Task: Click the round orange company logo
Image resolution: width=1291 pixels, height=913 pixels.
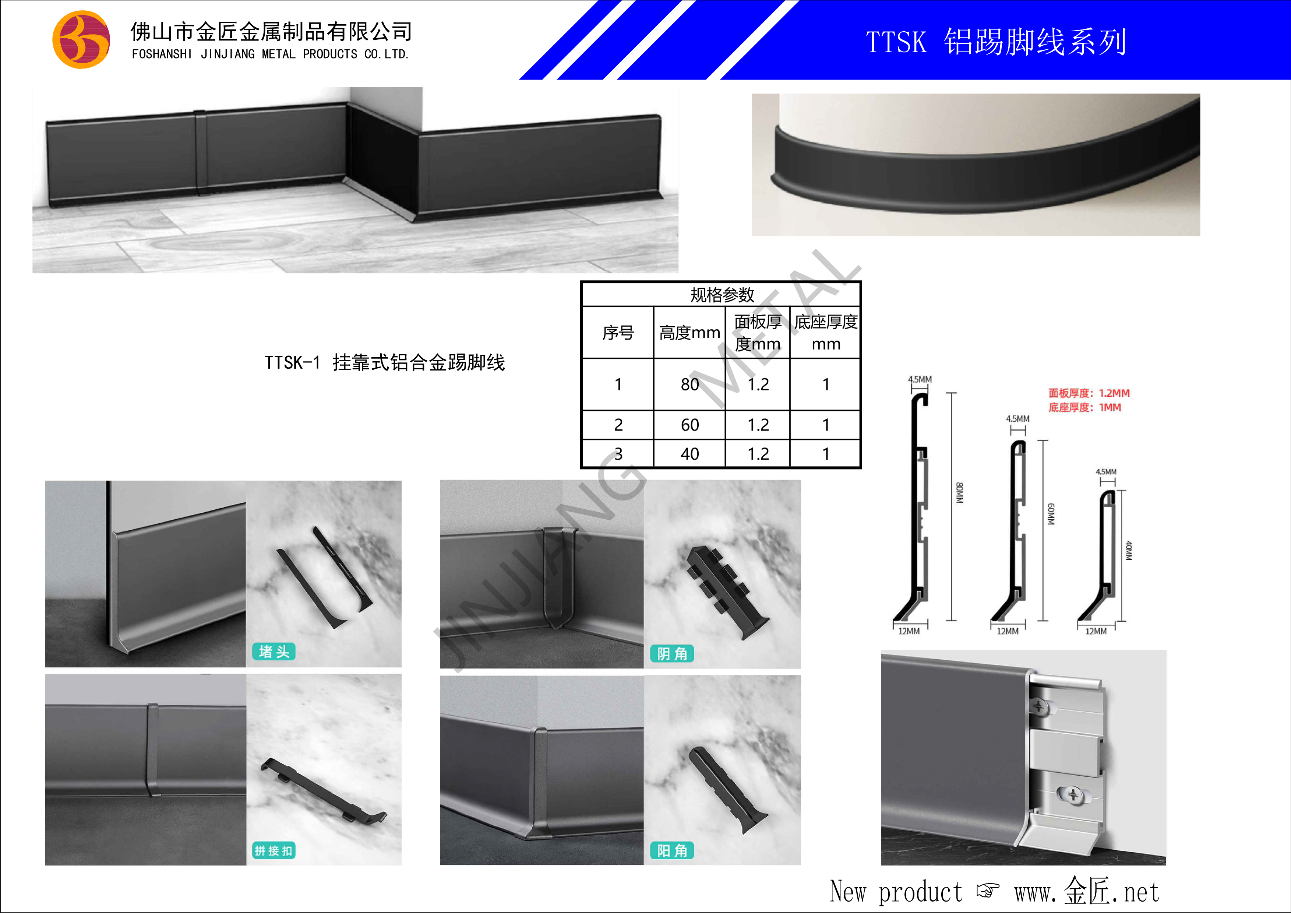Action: [81, 40]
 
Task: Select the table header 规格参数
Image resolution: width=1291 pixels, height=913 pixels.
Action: [722, 294]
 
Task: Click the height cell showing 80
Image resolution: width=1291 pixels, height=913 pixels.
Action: [690, 384]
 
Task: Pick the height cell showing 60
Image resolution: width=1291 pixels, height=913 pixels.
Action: [690, 425]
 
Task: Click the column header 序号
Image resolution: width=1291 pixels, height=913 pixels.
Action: [618, 333]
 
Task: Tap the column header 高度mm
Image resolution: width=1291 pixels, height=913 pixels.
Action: [689, 333]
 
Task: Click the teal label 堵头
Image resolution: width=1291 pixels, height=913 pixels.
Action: [274, 652]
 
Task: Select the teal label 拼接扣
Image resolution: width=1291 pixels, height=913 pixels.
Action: [274, 850]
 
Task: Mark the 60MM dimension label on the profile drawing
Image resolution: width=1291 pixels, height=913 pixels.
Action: [1050, 514]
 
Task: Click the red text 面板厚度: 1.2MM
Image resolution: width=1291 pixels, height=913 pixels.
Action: [1089, 393]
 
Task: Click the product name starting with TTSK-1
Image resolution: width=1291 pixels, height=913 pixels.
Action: [385, 362]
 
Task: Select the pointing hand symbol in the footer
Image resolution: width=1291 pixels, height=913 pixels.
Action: [988, 891]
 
